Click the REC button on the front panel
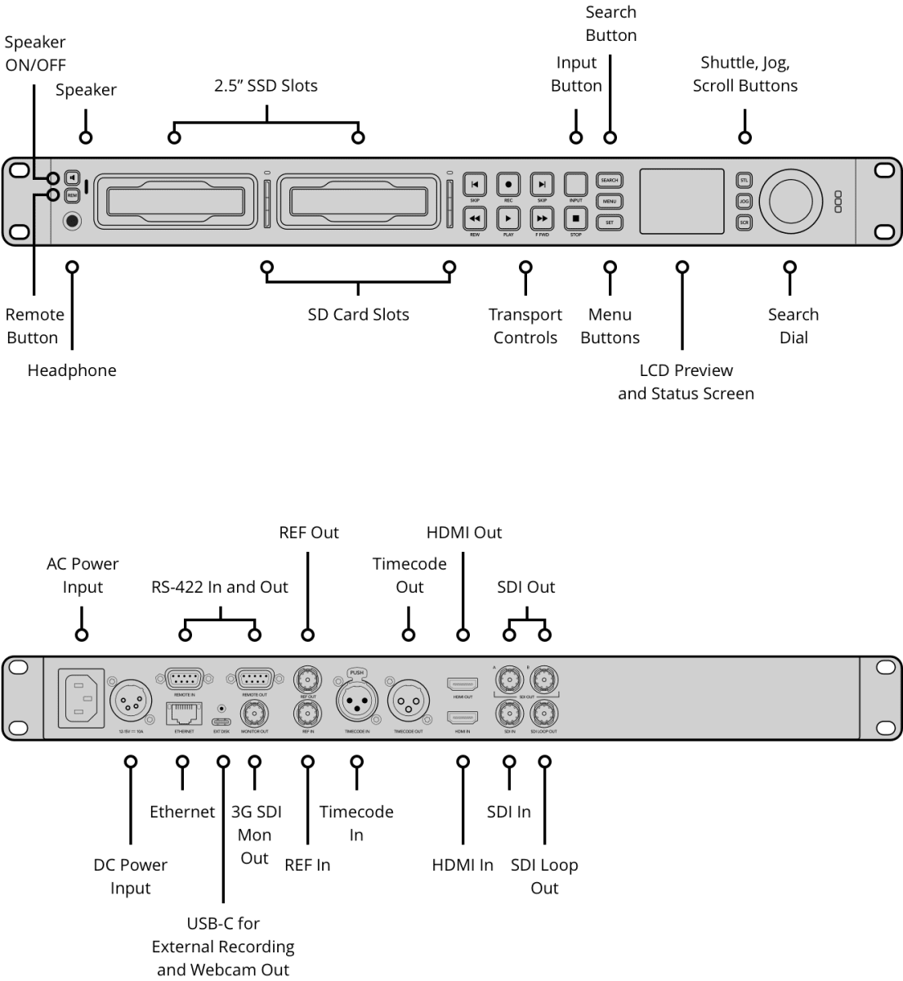(x=508, y=185)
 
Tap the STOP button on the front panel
(x=575, y=218)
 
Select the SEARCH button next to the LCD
(x=610, y=181)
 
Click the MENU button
(x=610, y=201)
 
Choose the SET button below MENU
(x=610, y=222)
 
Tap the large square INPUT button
(x=575, y=184)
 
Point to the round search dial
(x=790, y=201)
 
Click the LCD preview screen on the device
(x=682, y=201)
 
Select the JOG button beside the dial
(x=744, y=201)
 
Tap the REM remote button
(x=72, y=195)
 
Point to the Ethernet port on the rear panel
(x=183, y=714)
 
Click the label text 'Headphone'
(x=72, y=370)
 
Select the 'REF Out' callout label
(x=308, y=532)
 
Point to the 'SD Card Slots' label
(x=358, y=315)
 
